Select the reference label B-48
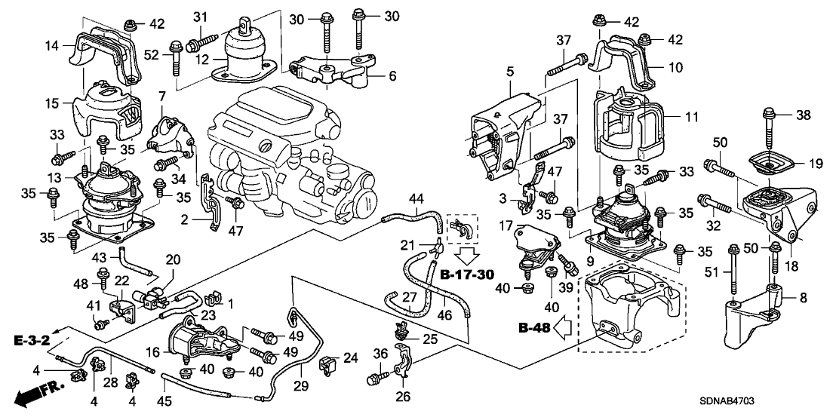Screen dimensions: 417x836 [535, 327]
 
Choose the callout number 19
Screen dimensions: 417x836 [812, 163]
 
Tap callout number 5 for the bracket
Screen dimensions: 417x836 [510, 72]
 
